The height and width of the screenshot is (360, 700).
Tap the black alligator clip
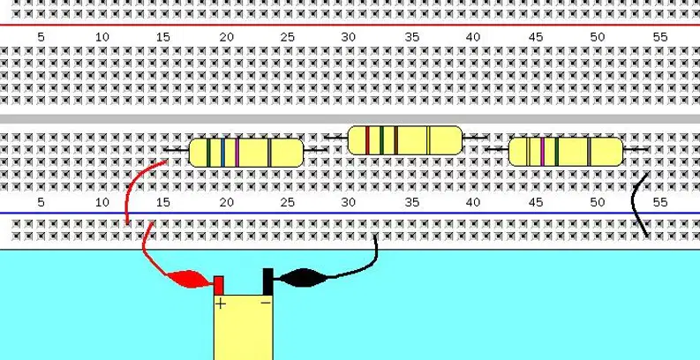303,277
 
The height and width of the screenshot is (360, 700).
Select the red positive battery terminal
219,286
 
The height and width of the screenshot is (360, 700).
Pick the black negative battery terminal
267,281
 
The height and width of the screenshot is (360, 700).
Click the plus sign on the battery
221,304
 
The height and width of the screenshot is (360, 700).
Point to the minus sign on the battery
266,303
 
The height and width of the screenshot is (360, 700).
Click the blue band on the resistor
222,153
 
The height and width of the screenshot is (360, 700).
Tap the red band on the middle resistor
367,140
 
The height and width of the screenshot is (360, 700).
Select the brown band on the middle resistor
395,140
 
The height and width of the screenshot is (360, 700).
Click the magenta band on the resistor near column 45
542,152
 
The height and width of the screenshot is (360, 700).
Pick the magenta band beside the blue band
237,153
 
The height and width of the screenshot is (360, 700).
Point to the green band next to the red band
381,140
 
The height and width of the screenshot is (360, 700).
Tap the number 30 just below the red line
348,37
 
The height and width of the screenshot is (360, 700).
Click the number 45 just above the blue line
536,203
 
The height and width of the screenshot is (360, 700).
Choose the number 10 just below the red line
102,37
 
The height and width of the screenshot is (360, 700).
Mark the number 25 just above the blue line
288,203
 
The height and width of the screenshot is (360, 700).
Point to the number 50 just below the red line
598,37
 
